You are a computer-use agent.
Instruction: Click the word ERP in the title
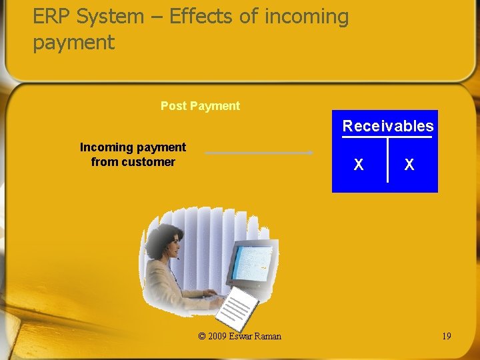coord(52,17)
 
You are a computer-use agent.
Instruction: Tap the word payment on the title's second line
coord(73,43)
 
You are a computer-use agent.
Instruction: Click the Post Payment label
coord(200,106)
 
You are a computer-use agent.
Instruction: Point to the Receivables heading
coord(387,126)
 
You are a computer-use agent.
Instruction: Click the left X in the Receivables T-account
coord(359,165)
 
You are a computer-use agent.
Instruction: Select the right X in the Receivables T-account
coord(409,165)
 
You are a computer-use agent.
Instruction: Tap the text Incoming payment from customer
coord(133,155)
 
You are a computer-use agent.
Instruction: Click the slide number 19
coord(446,336)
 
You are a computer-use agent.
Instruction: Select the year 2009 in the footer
coord(217,336)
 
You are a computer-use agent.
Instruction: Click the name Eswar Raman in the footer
coord(255,336)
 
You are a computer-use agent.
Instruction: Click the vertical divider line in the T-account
coord(387,160)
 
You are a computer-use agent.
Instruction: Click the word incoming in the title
coord(306,17)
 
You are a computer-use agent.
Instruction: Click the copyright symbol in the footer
coord(202,336)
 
